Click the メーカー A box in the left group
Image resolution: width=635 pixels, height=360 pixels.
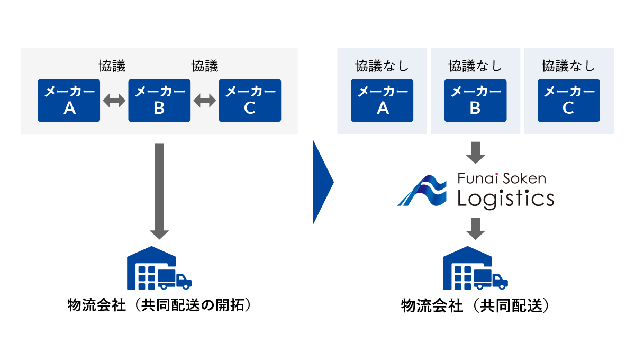(x=69, y=101)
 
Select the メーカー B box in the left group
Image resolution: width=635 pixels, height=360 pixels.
(x=159, y=101)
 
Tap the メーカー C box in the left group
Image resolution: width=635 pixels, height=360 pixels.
(x=250, y=101)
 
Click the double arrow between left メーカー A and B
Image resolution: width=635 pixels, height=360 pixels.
(x=114, y=101)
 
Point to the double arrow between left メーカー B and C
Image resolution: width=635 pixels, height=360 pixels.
(x=205, y=101)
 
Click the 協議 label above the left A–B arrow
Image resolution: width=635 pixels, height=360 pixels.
(x=112, y=66)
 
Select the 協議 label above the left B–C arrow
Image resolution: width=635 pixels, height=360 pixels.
(x=205, y=66)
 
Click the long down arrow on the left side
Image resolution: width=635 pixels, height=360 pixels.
(x=159, y=191)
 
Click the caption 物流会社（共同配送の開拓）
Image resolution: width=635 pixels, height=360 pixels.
(x=159, y=305)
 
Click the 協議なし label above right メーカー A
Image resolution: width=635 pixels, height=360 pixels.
(x=382, y=66)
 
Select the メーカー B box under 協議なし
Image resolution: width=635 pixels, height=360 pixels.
(x=475, y=101)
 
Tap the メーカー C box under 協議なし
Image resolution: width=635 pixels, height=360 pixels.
(x=568, y=101)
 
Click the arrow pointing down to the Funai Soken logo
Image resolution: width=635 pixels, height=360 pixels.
(x=475, y=152)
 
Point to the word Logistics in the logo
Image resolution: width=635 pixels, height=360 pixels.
(x=505, y=199)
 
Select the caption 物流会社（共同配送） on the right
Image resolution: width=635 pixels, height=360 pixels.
(x=475, y=305)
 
